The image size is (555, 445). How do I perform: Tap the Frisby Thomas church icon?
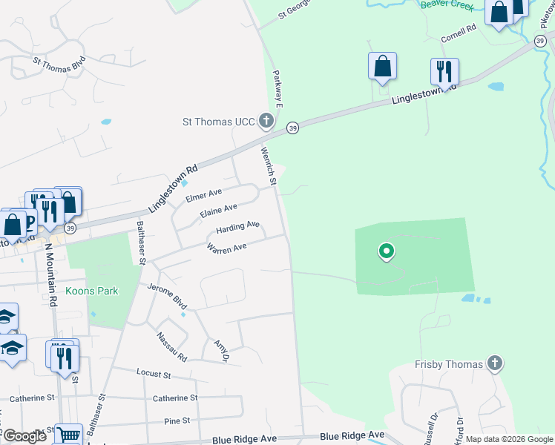[x=495, y=363]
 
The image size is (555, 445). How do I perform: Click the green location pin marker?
[x=386, y=252]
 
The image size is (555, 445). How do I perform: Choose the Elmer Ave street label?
[x=205, y=196]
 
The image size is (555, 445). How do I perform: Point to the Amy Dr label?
[x=220, y=351]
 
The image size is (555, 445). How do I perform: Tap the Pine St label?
[x=177, y=421]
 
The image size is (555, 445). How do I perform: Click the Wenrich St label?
[x=268, y=166]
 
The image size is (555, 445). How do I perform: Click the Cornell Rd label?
[x=457, y=33]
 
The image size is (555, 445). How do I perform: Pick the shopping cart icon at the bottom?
[x=68, y=436]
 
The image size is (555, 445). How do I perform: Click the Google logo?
[x=24, y=436]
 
